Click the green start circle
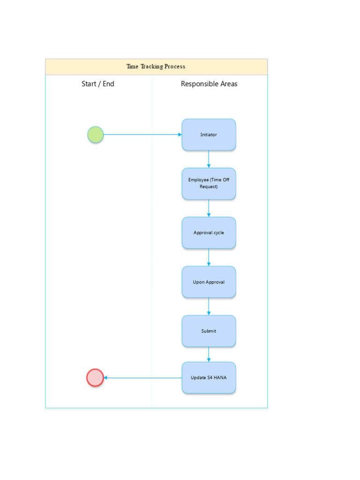tap(95, 135)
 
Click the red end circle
tap(95, 377)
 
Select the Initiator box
tap(209, 135)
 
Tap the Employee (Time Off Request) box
tap(209, 183)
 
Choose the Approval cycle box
tap(209, 232)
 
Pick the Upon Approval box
tap(209, 282)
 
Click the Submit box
tap(209, 331)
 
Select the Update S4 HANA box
tap(209, 377)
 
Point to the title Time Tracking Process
tap(156, 67)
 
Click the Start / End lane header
tap(98, 84)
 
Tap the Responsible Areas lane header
tap(209, 84)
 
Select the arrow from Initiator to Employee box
tap(209, 159)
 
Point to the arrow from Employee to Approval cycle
tap(209, 208)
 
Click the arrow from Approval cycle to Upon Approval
tap(209, 257)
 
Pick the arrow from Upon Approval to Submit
tap(209, 306)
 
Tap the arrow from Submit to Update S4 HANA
tap(209, 354)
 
